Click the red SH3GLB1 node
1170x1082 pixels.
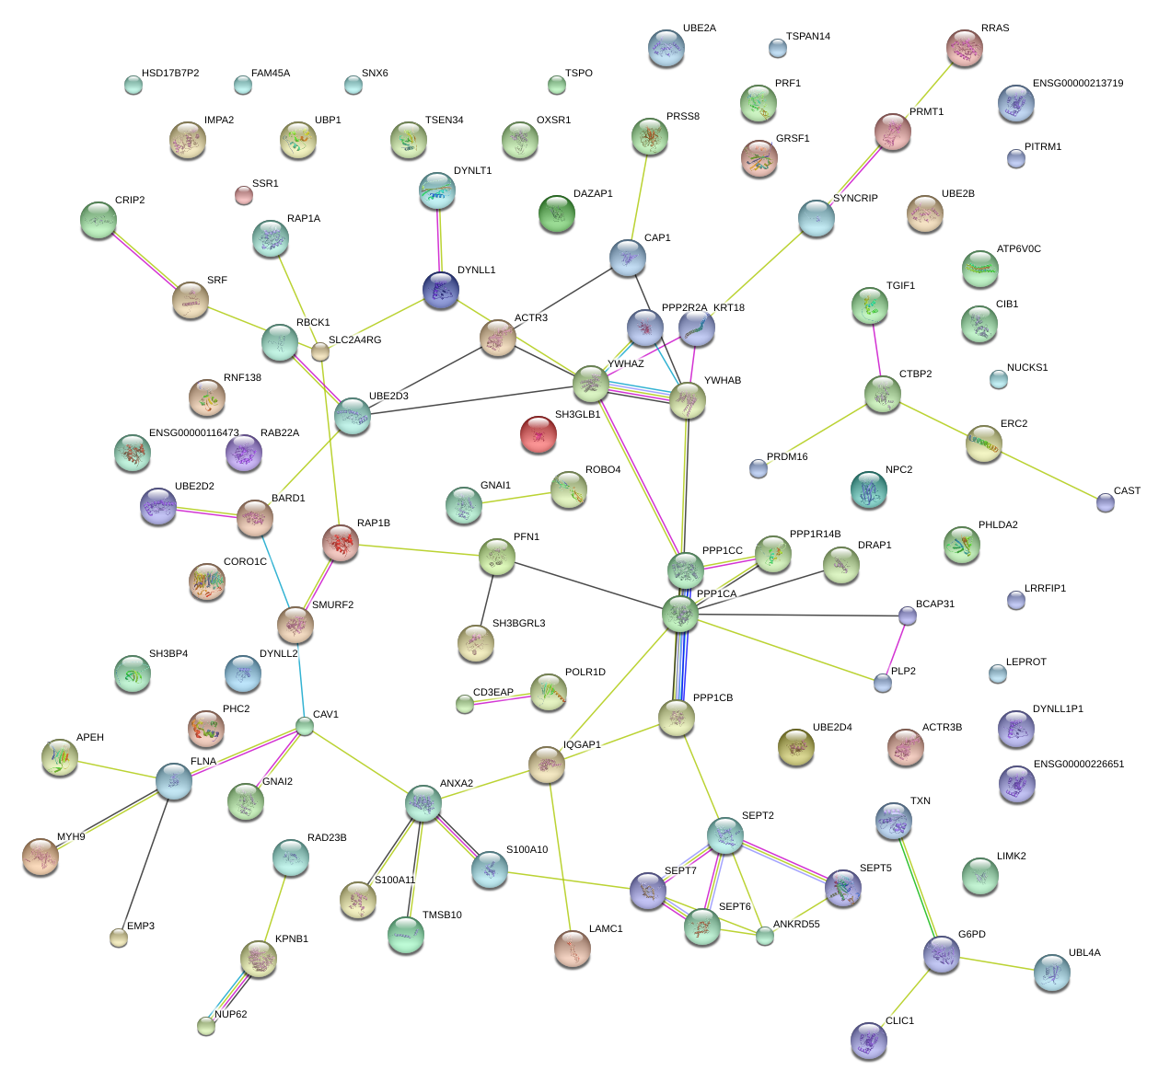click(539, 434)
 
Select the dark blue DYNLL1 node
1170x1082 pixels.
click(441, 290)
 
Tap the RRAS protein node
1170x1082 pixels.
click(965, 48)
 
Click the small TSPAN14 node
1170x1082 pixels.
click(778, 48)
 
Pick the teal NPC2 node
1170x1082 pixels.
click(869, 489)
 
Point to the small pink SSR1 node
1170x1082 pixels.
click(243, 195)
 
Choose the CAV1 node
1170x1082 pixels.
click(305, 727)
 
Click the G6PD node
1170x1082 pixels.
click(942, 955)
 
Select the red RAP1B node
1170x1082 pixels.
click(341, 543)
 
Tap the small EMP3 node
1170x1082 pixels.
click(119, 938)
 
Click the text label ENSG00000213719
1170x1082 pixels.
click(1077, 84)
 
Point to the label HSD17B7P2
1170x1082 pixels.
click(170, 74)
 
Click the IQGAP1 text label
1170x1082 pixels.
click(582, 745)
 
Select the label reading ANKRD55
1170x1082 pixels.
click(796, 925)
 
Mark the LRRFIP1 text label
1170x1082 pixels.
click(1045, 589)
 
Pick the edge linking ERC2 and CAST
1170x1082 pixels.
click(1045, 474)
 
